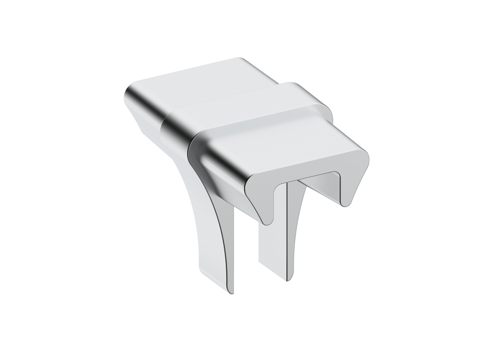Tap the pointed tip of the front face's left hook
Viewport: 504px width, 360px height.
(x=266, y=221)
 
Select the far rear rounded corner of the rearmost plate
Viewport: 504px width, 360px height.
(x=241, y=60)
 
